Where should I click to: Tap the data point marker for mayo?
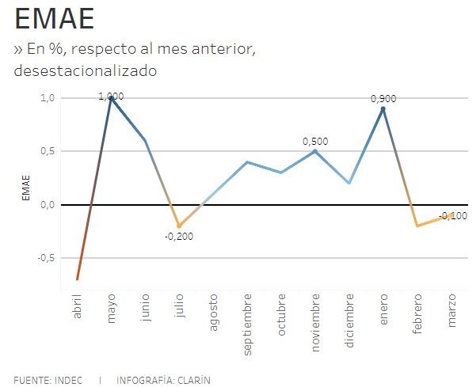[x=112, y=98]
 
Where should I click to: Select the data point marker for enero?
[x=383, y=108]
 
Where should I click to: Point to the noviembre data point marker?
[x=315, y=151]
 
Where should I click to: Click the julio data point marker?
[x=180, y=226]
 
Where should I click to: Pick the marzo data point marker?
[x=451, y=215]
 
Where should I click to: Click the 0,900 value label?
[x=383, y=99]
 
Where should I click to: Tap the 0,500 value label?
[x=315, y=141]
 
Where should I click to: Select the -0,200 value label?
[x=179, y=236]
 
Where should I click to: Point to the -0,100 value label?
[x=452, y=216]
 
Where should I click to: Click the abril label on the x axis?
[x=78, y=307]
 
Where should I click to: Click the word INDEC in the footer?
[x=68, y=379]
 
